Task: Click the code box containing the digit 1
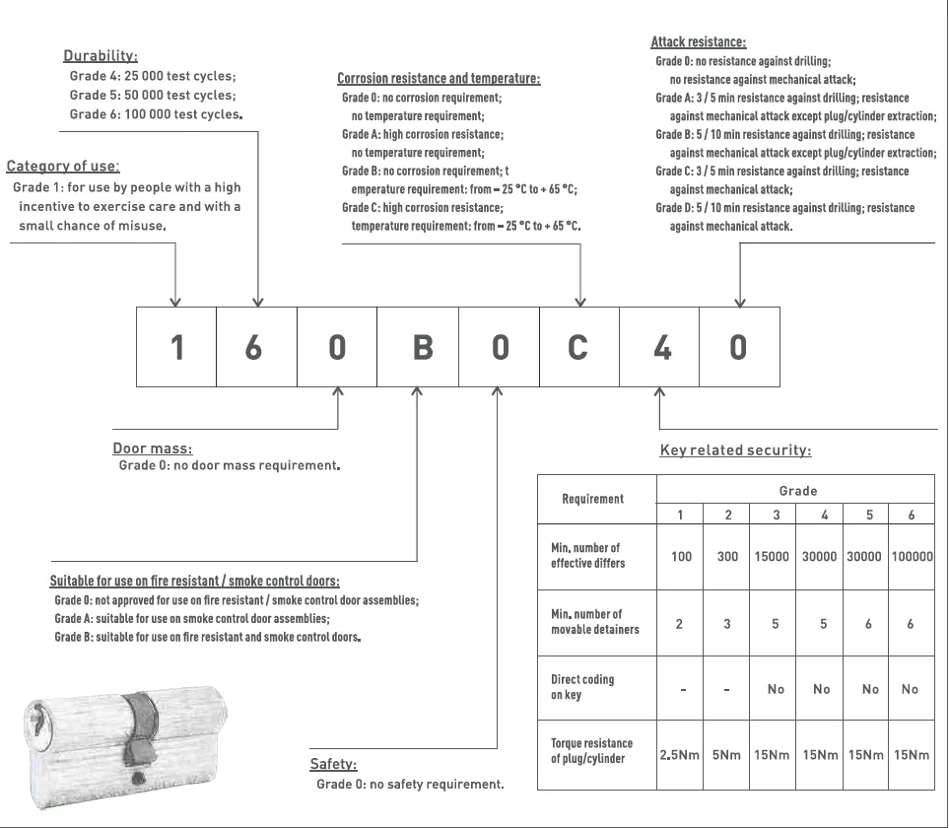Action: [x=176, y=347]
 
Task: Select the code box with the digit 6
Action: [x=256, y=347]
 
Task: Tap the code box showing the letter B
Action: [x=418, y=347]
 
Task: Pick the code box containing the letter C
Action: [x=579, y=347]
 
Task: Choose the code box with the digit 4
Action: [x=660, y=347]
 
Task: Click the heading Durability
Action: [x=101, y=56]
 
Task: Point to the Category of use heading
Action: [x=63, y=167]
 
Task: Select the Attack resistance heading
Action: [x=698, y=42]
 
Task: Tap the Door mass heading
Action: [x=153, y=448]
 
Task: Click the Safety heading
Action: [x=334, y=764]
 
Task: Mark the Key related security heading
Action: [x=735, y=450]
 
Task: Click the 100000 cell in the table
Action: [x=912, y=557]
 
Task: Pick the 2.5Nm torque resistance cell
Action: [x=680, y=756]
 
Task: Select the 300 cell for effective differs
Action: [x=727, y=557]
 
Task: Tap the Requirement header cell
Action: [x=593, y=499]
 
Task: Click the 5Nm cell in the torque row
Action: [x=727, y=756]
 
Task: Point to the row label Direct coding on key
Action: [x=582, y=687]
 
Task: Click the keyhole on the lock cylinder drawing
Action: [x=36, y=724]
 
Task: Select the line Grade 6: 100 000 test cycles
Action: [x=155, y=114]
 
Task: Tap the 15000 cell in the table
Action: [x=772, y=557]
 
